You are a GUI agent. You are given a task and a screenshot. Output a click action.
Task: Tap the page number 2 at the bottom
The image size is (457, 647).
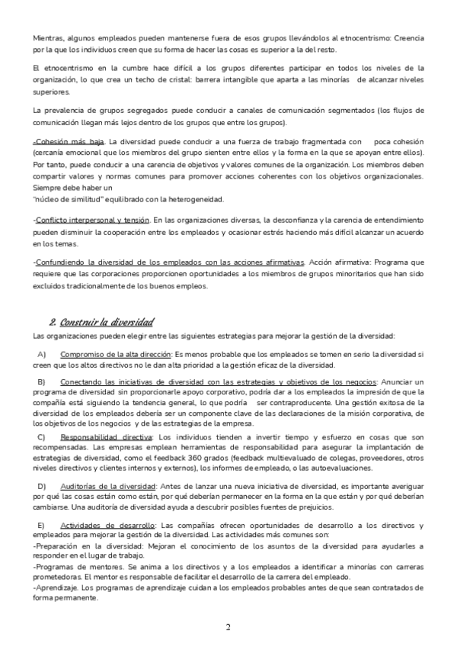(x=228, y=627)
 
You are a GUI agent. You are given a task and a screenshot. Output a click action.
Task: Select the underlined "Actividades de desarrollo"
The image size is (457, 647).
(x=107, y=526)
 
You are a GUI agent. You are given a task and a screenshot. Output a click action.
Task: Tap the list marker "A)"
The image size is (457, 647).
(x=42, y=355)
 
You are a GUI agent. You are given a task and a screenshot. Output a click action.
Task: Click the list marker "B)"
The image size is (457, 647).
(x=42, y=382)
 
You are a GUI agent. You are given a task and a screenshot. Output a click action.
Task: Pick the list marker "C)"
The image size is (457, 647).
(x=42, y=436)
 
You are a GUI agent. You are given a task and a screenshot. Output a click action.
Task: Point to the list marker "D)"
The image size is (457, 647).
(x=42, y=486)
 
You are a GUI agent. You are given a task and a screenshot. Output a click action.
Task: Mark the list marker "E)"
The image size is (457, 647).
(x=42, y=526)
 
